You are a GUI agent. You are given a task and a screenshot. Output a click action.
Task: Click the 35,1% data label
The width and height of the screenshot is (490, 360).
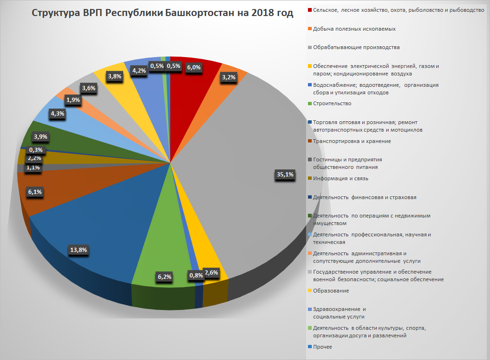coord(284,175)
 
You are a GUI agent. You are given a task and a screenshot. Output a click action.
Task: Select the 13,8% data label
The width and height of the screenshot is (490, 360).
coord(79,250)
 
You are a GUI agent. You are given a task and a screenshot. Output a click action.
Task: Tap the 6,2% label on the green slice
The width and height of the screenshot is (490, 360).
coord(164,276)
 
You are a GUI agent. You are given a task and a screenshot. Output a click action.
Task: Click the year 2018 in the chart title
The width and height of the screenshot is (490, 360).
coord(261,13)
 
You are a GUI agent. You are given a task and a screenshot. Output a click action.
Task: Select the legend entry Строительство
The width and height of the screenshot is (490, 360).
coord(332,103)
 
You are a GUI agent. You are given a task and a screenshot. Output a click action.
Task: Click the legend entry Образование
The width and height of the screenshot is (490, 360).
coord(331,291)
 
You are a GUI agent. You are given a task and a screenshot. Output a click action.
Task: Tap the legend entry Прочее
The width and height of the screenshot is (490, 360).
coord(323,347)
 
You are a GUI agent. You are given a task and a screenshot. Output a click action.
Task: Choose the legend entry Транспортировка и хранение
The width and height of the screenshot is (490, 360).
coord(352,141)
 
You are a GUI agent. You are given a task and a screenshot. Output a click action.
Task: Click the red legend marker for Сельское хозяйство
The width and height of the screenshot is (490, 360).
coord(309,10)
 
